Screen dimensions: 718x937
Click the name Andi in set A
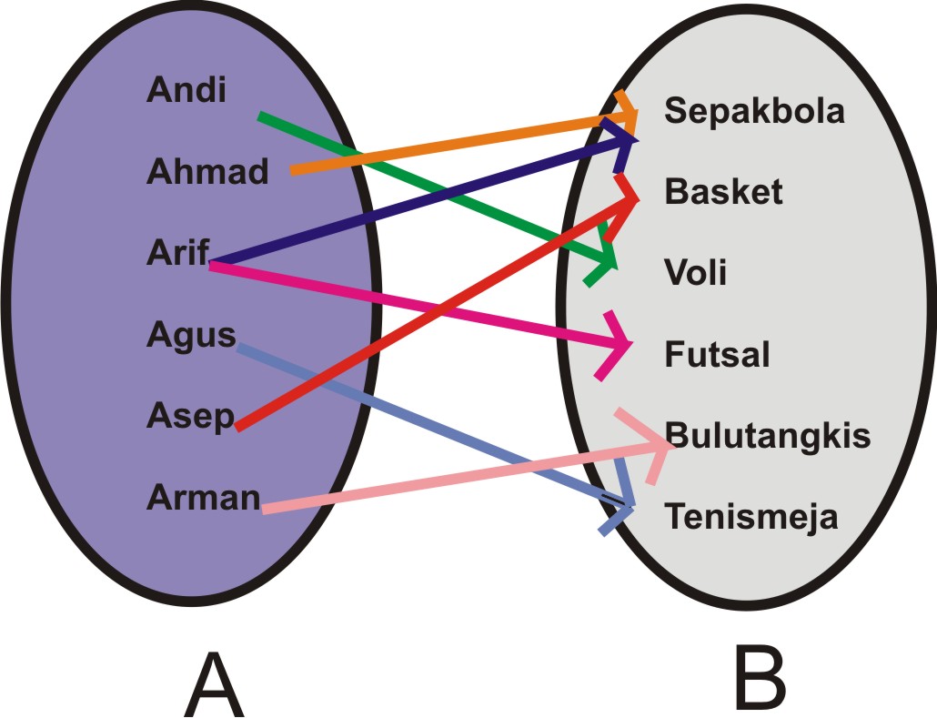[x=186, y=91]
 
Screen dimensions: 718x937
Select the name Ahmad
[x=207, y=171]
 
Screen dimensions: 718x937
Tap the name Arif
[x=177, y=252]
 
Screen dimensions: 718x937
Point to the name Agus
[x=190, y=335]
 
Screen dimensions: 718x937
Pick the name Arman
[x=203, y=497]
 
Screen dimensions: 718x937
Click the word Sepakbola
[x=754, y=111]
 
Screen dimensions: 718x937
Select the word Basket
[x=723, y=192]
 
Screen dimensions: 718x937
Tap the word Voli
[x=696, y=271]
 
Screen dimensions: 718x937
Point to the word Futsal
[x=717, y=353]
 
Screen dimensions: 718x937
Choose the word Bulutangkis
[x=768, y=435]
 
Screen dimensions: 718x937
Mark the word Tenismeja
[x=751, y=517]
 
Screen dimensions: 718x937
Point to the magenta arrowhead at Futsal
[x=619, y=346]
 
